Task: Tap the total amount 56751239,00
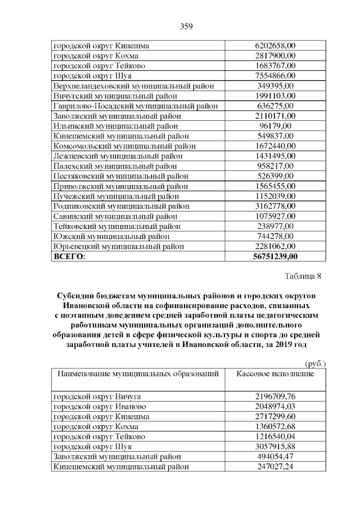click(x=276, y=256)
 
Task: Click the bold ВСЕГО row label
click(x=69, y=256)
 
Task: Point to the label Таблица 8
click(x=303, y=276)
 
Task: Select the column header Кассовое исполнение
click(x=275, y=373)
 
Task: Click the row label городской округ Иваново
click(x=100, y=407)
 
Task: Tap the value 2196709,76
click(x=275, y=397)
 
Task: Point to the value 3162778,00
click(x=275, y=206)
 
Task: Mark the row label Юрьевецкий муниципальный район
click(x=118, y=246)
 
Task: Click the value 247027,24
click(x=275, y=467)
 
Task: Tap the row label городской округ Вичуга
click(x=97, y=397)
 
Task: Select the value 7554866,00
click(x=275, y=76)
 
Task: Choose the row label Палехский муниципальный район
click(x=115, y=166)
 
